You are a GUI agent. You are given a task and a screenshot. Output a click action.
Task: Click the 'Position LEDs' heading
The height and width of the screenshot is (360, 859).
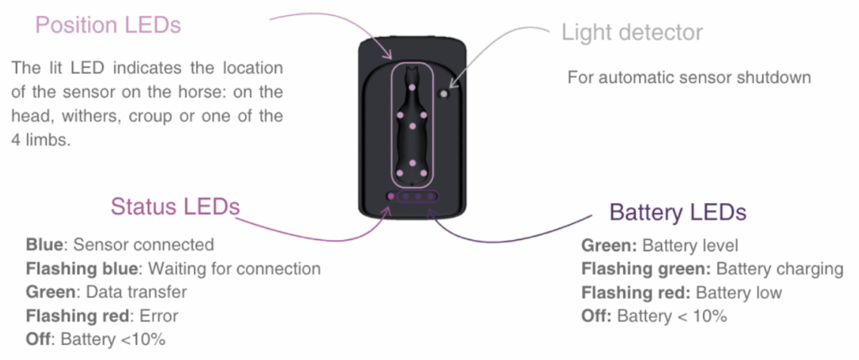(107, 25)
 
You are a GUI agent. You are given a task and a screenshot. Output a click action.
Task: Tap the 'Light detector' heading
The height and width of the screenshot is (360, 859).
(632, 34)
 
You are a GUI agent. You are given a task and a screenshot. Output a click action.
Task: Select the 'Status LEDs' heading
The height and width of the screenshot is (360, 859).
(174, 206)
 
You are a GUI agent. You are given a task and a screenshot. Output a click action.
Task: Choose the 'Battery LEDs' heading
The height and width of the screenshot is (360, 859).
(677, 211)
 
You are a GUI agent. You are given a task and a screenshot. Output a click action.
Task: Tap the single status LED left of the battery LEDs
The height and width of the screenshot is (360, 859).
(390, 196)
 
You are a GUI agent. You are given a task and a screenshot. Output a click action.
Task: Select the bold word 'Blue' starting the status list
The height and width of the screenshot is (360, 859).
(44, 245)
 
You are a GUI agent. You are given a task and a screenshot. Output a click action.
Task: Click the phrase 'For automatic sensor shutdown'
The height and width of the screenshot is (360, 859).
(690, 77)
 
